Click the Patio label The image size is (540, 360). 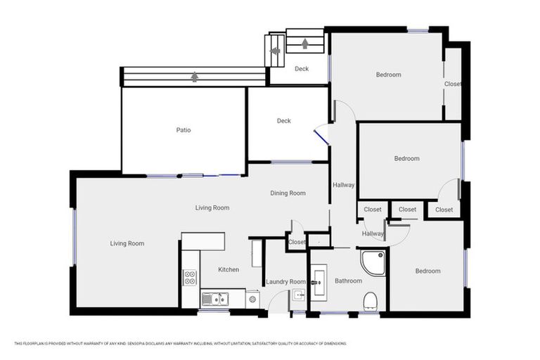click(183, 129)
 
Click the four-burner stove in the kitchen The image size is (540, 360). click(189, 277)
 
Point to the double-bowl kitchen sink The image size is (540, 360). click(214, 299)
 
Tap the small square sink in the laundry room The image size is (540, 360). click(298, 295)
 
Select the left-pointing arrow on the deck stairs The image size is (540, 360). click(275, 51)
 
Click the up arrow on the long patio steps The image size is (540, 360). click(194, 76)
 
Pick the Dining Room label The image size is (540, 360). click(288, 193)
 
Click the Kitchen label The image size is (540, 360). click(229, 269)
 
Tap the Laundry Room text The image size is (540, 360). click(285, 282)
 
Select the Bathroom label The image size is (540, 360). click(347, 281)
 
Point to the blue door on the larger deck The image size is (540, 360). click(321, 135)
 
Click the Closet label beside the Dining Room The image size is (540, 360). click(297, 242)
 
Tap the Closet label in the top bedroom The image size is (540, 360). click(453, 84)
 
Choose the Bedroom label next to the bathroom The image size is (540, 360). click(427, 271)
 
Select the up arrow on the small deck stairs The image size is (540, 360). click(304, 44)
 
